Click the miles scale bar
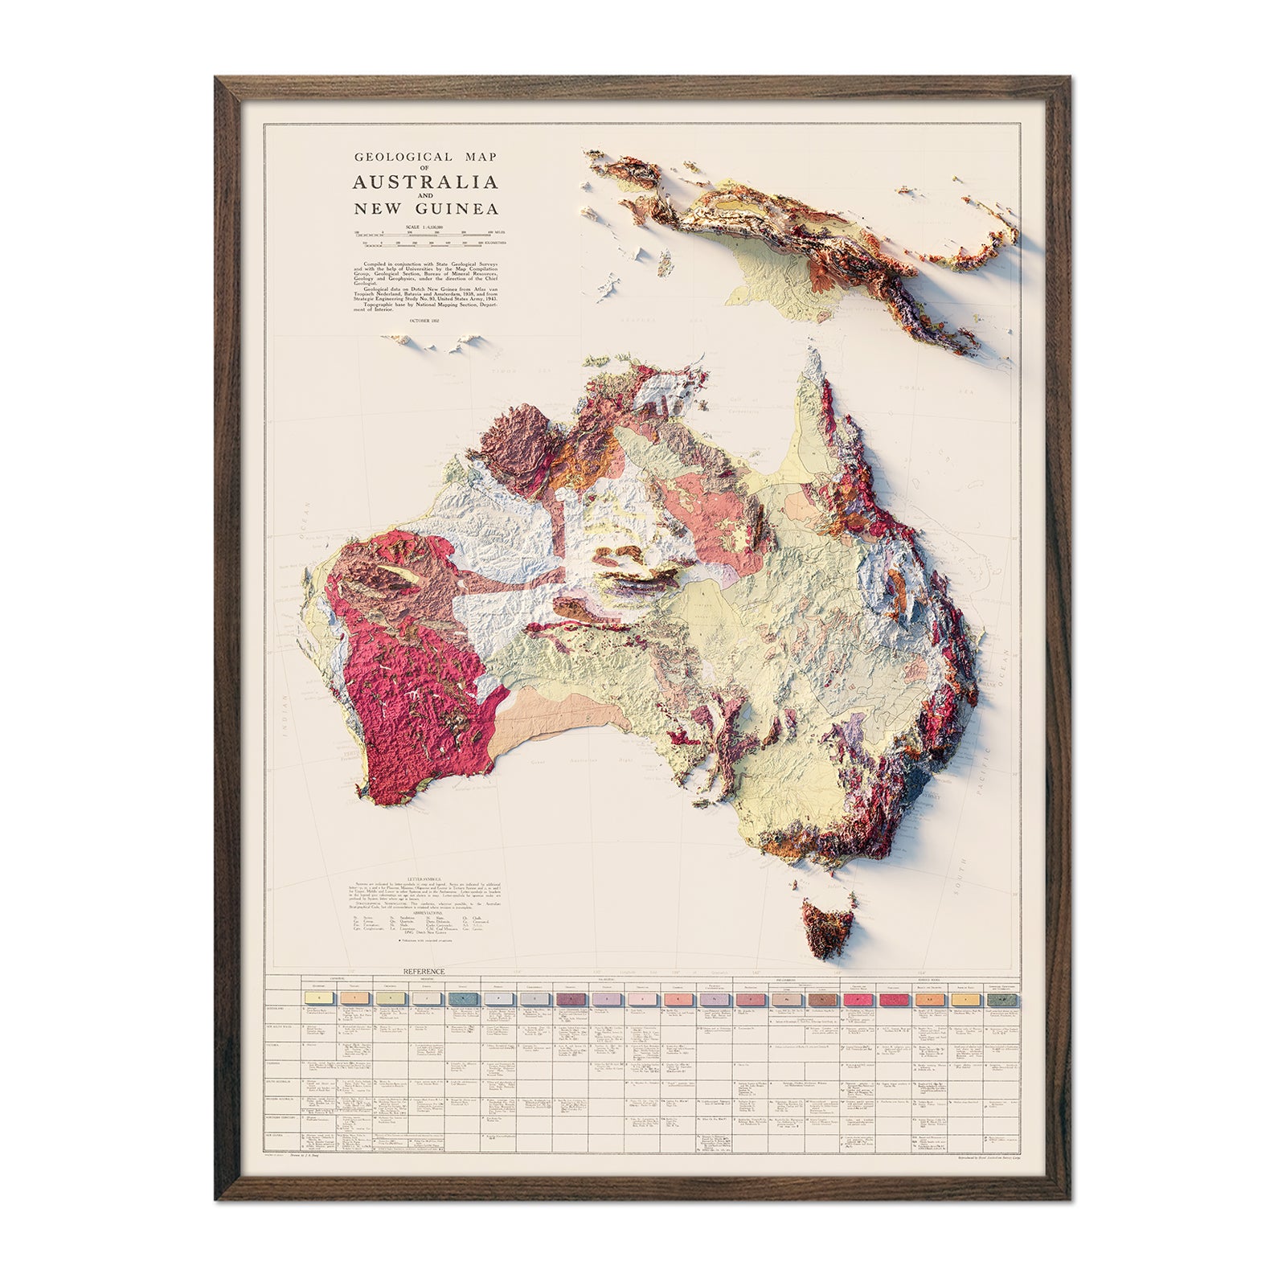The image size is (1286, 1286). point(424,232)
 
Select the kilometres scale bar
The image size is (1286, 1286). point(424,240)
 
